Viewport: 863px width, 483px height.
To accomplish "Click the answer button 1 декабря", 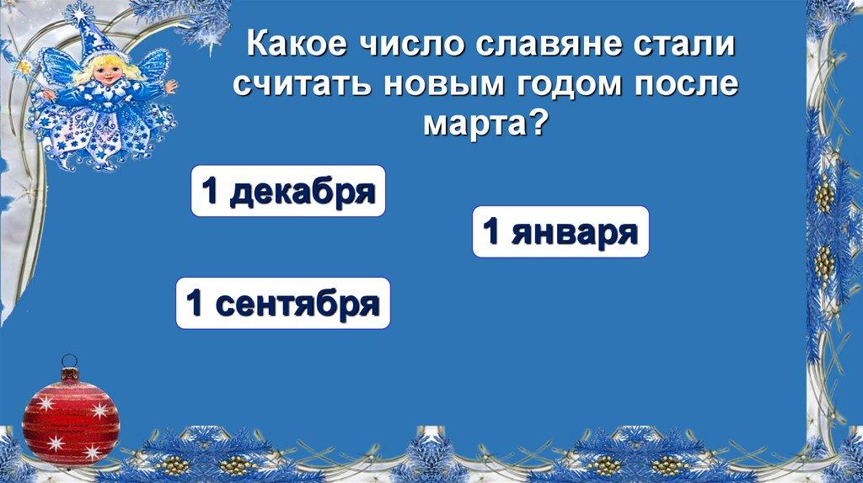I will (x=287, y=191).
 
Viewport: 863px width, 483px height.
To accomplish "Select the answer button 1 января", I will (x=560, y=231).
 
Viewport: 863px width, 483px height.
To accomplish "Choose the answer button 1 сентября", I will (x=282, y=303).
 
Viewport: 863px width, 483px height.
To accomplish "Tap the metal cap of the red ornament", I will (x=70, y=368).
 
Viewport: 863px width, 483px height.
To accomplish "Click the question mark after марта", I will (x=536, y=125).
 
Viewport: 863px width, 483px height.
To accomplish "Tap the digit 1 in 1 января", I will (x=495, y=232).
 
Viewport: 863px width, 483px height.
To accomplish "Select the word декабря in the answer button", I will (x=301, y=191).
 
